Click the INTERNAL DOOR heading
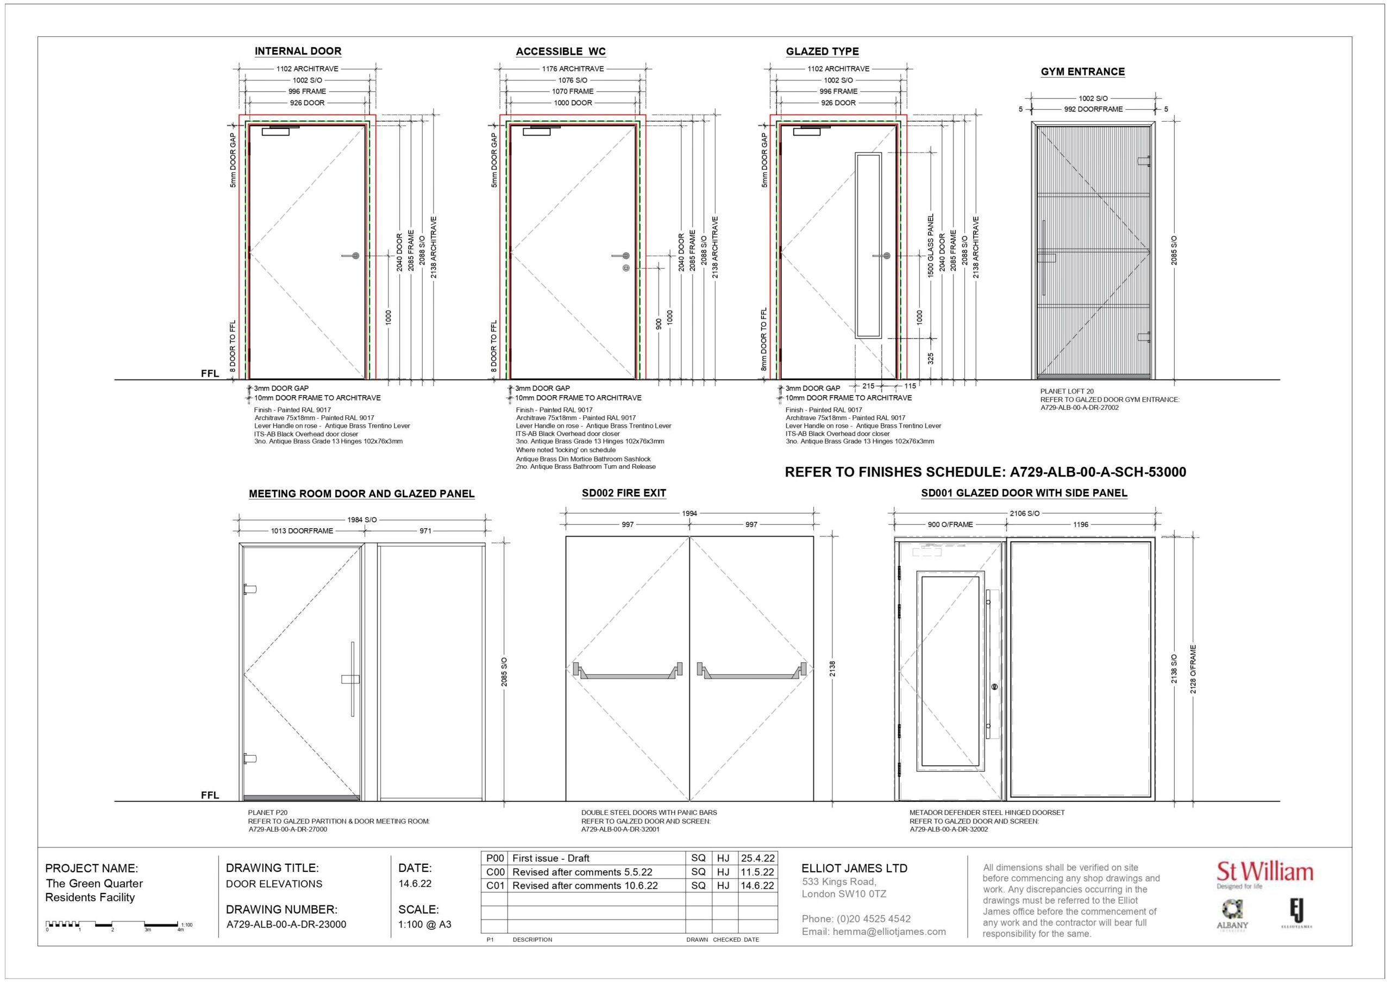pos(297,52)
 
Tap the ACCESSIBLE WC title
pos(560,52)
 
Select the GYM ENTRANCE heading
pos(1082,72)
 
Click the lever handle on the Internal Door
pos(352,256)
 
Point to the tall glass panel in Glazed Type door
pos(868,245)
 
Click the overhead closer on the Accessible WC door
pos(536,131)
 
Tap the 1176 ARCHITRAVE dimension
pos(573,69)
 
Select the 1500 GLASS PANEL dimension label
pos(931,245)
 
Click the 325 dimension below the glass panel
pos(931,358)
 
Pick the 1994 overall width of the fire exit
pos(690,514)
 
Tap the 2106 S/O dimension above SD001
pos(1024,514)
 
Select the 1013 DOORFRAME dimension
pos(302,531)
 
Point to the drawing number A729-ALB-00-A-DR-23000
pos(286,924)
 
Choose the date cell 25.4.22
pos(757,858)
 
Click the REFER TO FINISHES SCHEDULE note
pos(985,472)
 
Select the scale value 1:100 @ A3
pos(424,924)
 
